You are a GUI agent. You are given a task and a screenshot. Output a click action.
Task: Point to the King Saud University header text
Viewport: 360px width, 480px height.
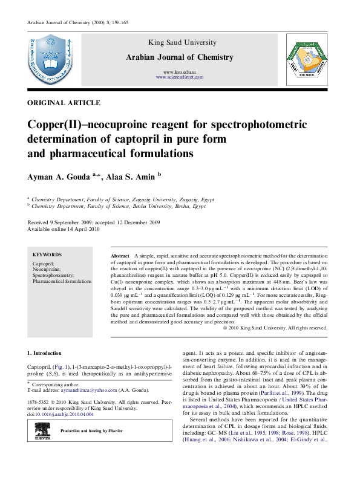coord(180,42)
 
